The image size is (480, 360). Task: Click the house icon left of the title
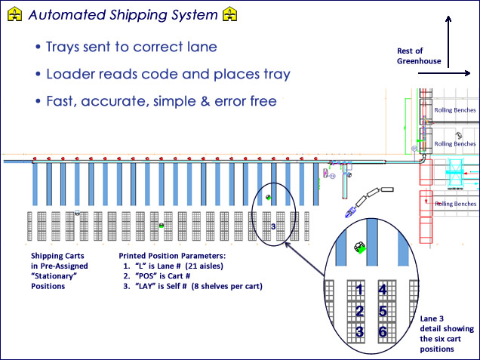(11, 14)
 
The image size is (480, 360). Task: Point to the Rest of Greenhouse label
(415, 56)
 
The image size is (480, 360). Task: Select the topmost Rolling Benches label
(454, 110)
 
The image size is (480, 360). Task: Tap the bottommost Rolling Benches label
(454, 204)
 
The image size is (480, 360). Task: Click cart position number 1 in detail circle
(360, 289)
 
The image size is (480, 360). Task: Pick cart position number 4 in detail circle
(383, 289)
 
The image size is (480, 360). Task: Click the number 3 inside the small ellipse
(273, 226)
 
